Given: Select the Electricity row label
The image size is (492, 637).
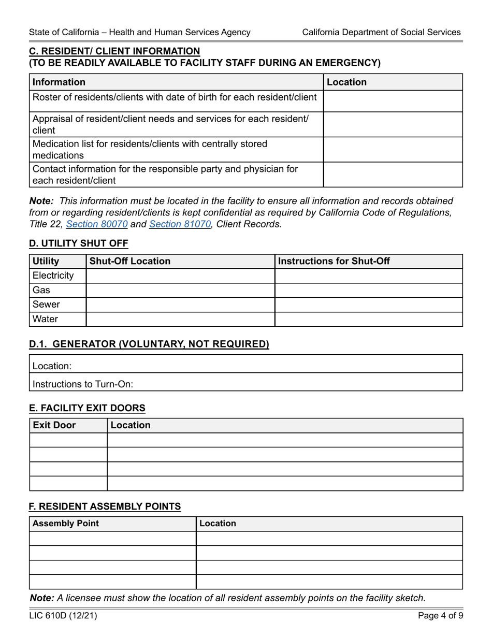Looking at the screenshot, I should pos(53,276).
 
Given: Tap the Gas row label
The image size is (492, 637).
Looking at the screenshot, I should pos(41,290).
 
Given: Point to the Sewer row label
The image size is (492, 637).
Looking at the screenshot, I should pos(46,305).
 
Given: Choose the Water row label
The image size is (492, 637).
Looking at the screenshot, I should pos(46,319).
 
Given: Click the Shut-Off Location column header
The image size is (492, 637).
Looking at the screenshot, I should pos(130,261).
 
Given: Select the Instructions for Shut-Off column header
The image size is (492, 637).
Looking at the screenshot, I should pos(334,261).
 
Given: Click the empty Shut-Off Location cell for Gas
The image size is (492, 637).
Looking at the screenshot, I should pos(180,290).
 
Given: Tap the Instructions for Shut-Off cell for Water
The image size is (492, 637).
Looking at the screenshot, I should pos(368,319).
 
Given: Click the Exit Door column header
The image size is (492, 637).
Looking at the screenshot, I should pos(54,425).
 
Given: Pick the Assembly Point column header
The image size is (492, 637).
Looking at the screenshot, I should pos(66,523).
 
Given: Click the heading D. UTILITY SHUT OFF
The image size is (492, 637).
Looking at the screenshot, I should pos(79,243).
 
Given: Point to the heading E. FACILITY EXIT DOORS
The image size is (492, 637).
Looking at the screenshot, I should pos(87,408).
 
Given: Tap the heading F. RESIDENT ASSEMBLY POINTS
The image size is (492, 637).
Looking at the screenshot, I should pos(105,506).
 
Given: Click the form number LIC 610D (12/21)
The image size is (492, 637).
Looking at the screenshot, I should pos(63,616).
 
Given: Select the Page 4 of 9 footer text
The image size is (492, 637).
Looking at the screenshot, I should pos(440,616).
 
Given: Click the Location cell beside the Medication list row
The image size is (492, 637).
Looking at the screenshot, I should pos(393,149).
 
